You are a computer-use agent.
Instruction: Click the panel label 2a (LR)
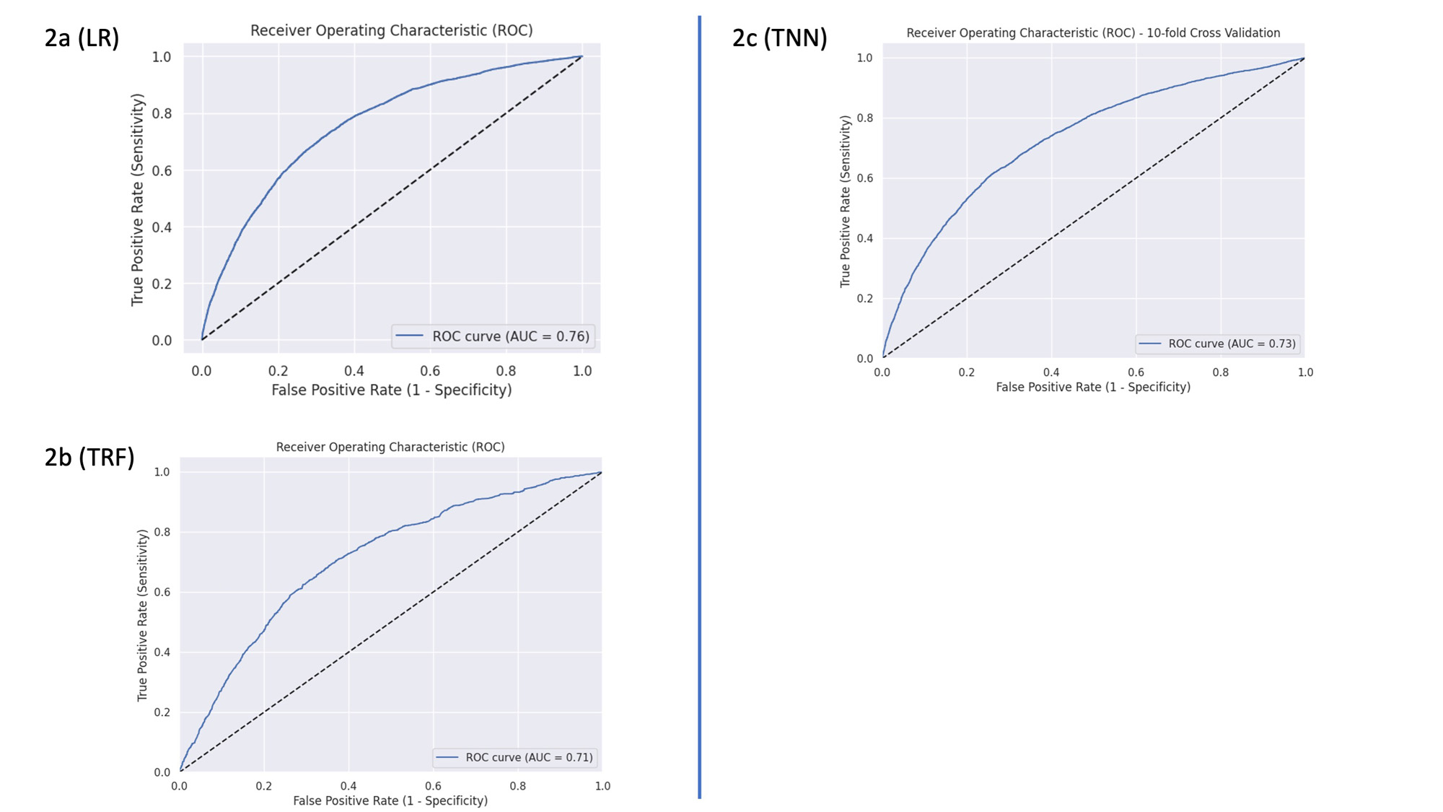82,38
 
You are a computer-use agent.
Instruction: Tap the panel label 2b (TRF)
89,457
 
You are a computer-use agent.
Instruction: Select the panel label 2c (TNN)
779,38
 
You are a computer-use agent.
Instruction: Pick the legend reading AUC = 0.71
517,757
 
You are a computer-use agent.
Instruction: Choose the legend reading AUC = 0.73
1218,344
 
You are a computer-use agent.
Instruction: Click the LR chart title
391,30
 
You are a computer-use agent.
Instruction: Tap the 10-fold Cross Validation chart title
1093,33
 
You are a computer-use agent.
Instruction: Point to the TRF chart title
390,447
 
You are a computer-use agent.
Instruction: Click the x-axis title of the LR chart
391,390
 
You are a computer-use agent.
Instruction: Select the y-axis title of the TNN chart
845,201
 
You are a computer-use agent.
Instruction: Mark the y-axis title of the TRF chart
142,615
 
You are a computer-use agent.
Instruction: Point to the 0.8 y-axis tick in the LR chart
162,113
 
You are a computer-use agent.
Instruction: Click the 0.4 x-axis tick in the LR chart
354,371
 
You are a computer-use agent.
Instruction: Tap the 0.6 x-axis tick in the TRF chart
433,786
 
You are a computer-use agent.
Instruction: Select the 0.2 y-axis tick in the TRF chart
162,712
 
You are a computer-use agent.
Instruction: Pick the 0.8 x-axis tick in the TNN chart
1220,372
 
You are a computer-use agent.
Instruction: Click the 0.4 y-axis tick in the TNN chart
864,238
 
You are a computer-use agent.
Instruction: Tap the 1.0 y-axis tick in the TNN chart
864,58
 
